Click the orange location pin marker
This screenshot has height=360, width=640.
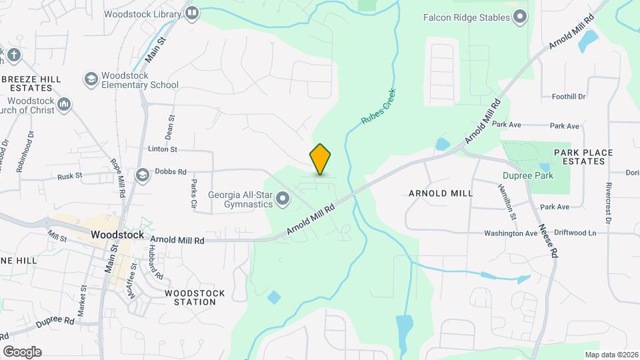(x=321, y=159)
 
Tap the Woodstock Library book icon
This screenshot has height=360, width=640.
(x=193, y=13)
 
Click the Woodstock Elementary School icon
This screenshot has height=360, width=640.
(x=90, y=79)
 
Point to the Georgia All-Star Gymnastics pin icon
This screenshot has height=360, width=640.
(x=283, y=198)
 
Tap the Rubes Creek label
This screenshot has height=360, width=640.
(x=379, y=107)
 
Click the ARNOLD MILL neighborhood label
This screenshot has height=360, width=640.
(x=440, y=193)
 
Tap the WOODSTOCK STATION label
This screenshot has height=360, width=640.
(x=195, y=297)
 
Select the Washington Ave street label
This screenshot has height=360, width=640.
(x=511, y=233)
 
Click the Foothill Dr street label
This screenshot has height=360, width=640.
(x=569, y=97)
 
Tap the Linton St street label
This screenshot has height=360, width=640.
(x=162, y=150)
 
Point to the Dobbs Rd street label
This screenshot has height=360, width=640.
(x=171, y=171)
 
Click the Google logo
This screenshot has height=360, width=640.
(x=22, y=351)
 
